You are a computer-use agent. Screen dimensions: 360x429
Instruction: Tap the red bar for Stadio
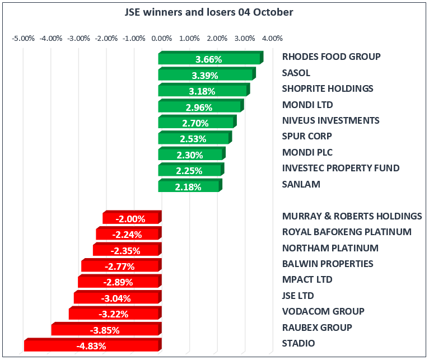pos(92,345)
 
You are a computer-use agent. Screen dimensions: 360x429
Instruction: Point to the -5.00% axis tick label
pos(24,39)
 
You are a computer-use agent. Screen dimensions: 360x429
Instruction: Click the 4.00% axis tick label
pos(272,39)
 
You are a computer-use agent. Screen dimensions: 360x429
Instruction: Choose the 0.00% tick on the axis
pos(161,39)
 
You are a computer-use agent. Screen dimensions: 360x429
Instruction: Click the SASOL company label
pos(296,73)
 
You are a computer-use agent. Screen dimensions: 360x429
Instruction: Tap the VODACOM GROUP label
pos(315,311)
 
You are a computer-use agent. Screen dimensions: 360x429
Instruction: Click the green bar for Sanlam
pos(189,186)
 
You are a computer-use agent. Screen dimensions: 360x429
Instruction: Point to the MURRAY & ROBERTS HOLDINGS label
pos(352,216)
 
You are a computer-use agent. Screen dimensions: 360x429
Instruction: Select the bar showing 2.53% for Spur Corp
pos(194,138)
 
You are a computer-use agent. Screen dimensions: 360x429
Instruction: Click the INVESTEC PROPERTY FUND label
pos(341,168)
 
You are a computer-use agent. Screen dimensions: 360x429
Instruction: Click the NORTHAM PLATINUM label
pos(330,248)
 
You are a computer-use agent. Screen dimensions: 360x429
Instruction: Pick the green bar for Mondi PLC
pos(191,155)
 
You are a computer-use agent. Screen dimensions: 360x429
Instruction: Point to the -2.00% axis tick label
pos(106,39)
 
